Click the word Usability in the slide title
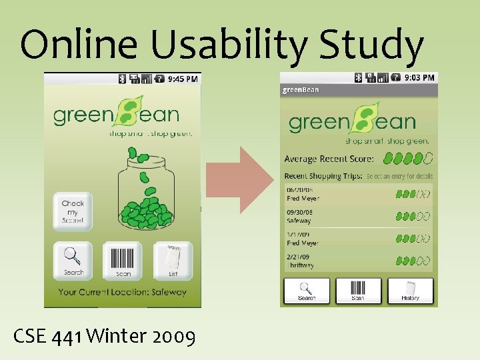pyautogui.click(x=219, y=45)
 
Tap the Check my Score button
pyautogui.click(x=73, y=211)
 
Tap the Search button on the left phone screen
pyautogui.click(x=73, y=260)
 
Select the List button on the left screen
pyautogui.click(x=173, y=260)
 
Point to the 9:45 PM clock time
pyautogui.click(x=182, y=79)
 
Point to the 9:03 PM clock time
pyautogui.click(x=419, y=77)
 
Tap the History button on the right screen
pyautogui.click(x=410, y=291)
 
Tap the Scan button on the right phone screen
pyautogui.click(x=358, y=291)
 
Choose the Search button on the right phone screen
pyautogui.click(x=307, y=291)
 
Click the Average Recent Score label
pyautogui.click(x=329, y=159)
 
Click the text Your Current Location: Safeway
pyautogui.click(x=122, y=292)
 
